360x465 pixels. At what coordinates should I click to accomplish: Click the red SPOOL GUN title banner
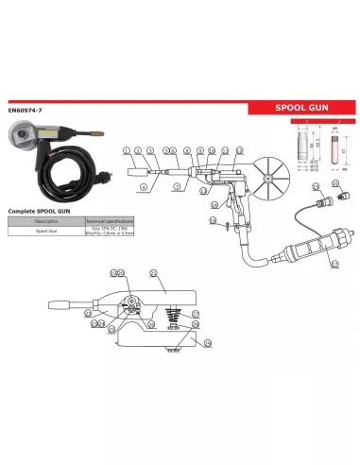pos(301,109)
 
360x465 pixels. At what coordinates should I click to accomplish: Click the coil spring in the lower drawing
pos(172,315)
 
